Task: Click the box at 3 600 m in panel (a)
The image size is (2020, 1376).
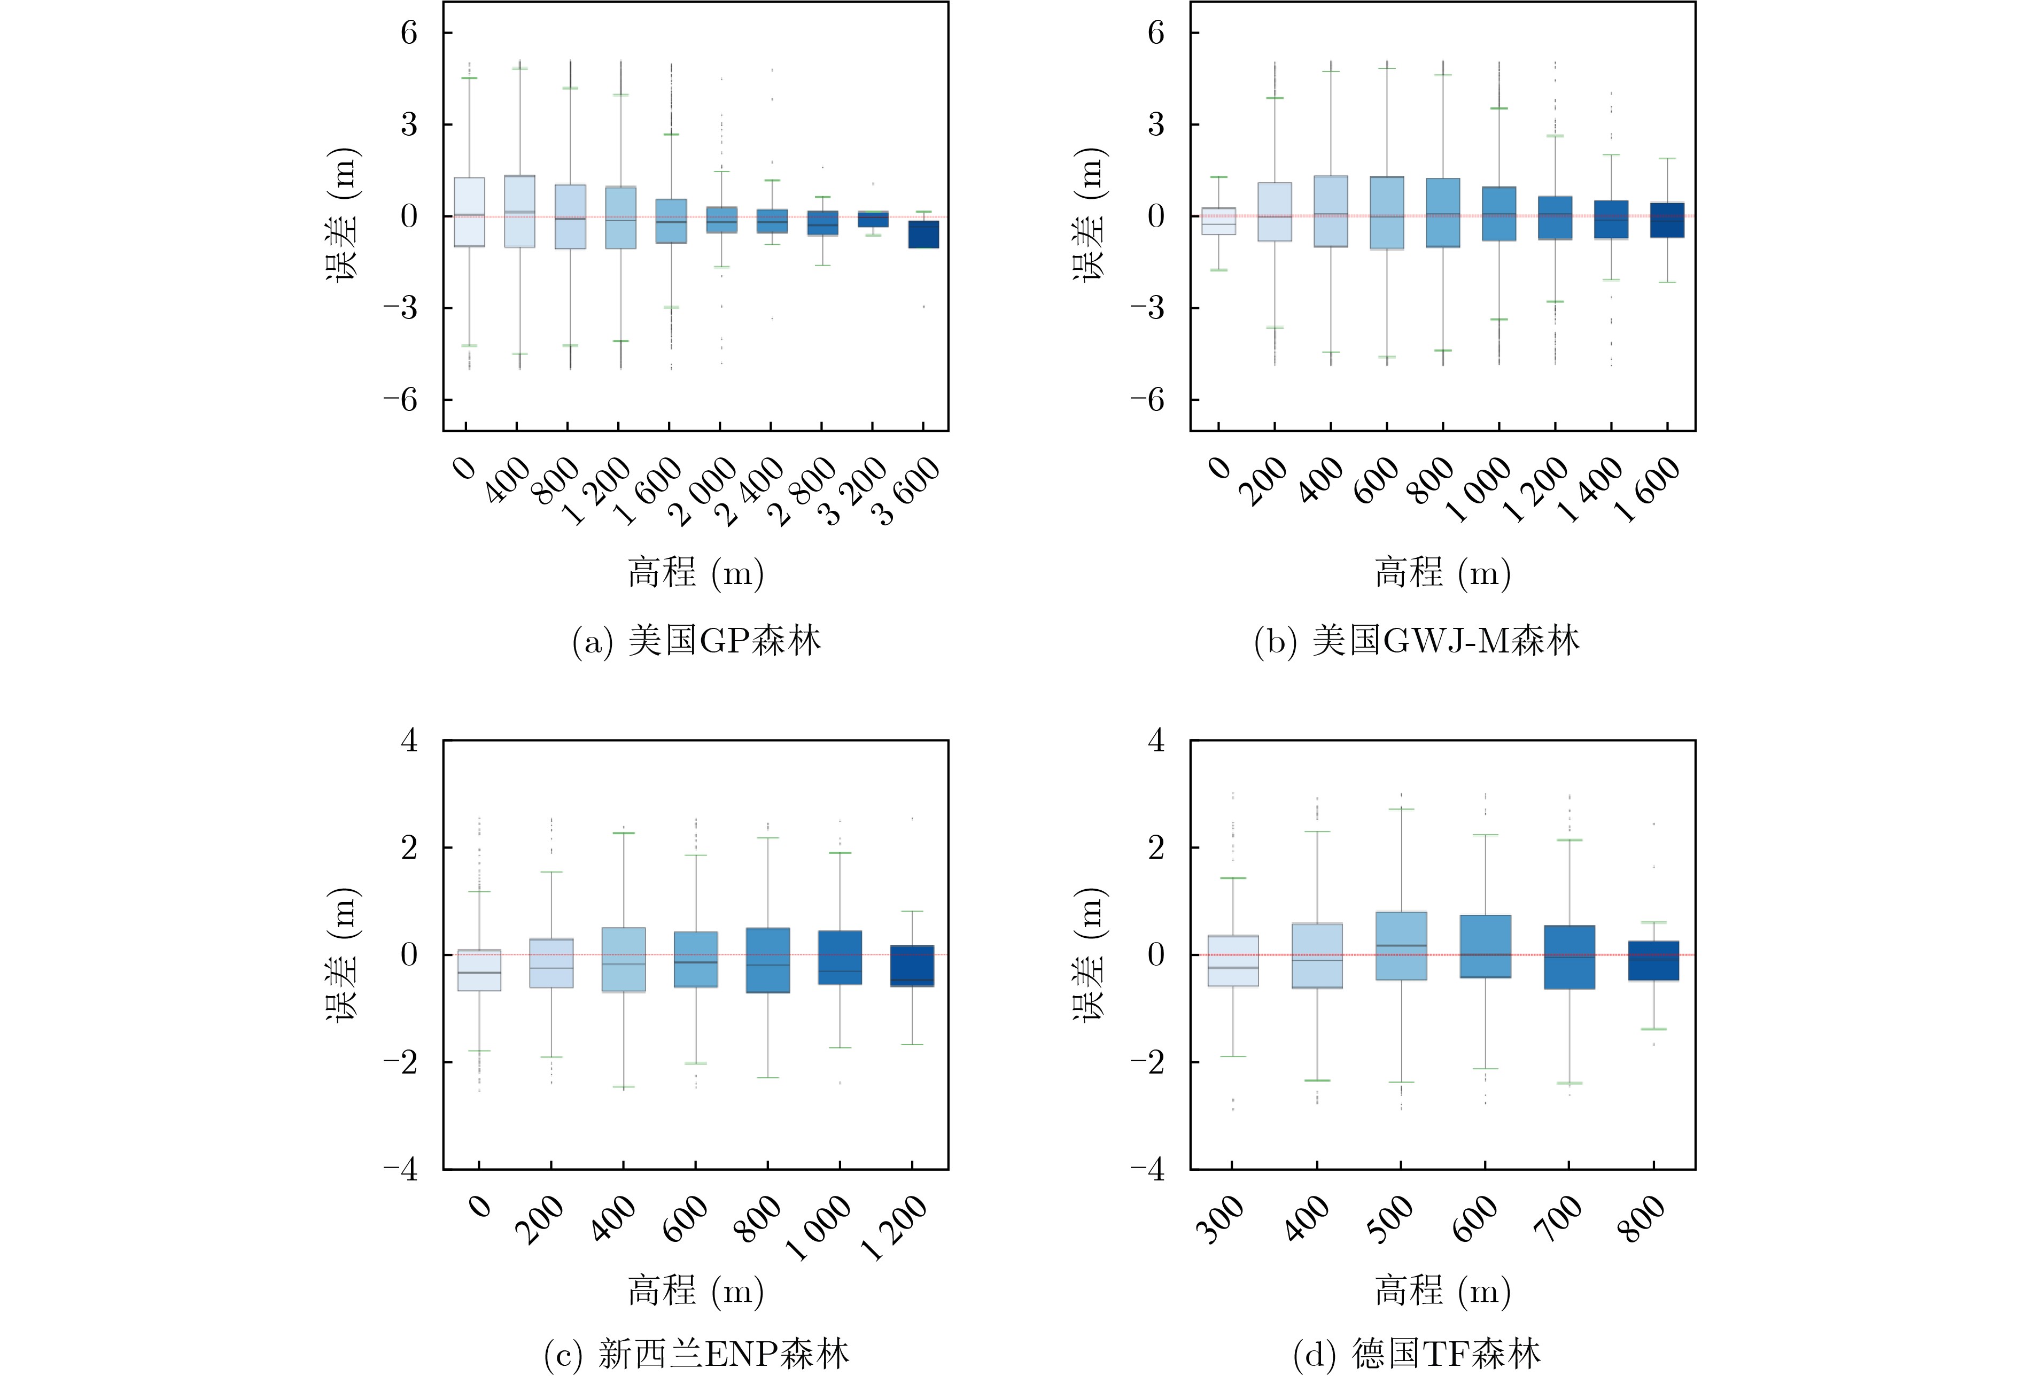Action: click(x=923, y=235)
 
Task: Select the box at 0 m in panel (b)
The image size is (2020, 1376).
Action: click(x=1218, y=222)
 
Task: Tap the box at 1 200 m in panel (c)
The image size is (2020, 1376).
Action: click(x=912, y=966)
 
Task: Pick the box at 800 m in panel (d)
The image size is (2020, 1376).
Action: click(x=1653, y=960)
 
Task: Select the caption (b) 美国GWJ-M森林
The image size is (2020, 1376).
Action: click(x=1417, y=641)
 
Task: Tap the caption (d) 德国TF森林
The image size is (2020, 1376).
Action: click(x=1417, y=1354)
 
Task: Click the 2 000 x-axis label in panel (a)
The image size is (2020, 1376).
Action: click(x=702, y=492)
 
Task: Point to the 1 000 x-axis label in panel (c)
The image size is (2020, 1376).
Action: click(x=818, y=1227)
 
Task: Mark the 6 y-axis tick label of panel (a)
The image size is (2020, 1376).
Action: click(x=408, y=33)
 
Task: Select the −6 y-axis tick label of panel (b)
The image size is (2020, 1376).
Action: click(x=1147, y=400)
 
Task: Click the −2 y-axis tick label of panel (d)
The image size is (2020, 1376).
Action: click(x=1147, y=1062)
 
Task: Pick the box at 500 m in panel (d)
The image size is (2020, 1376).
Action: click(x=1401, y=946)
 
